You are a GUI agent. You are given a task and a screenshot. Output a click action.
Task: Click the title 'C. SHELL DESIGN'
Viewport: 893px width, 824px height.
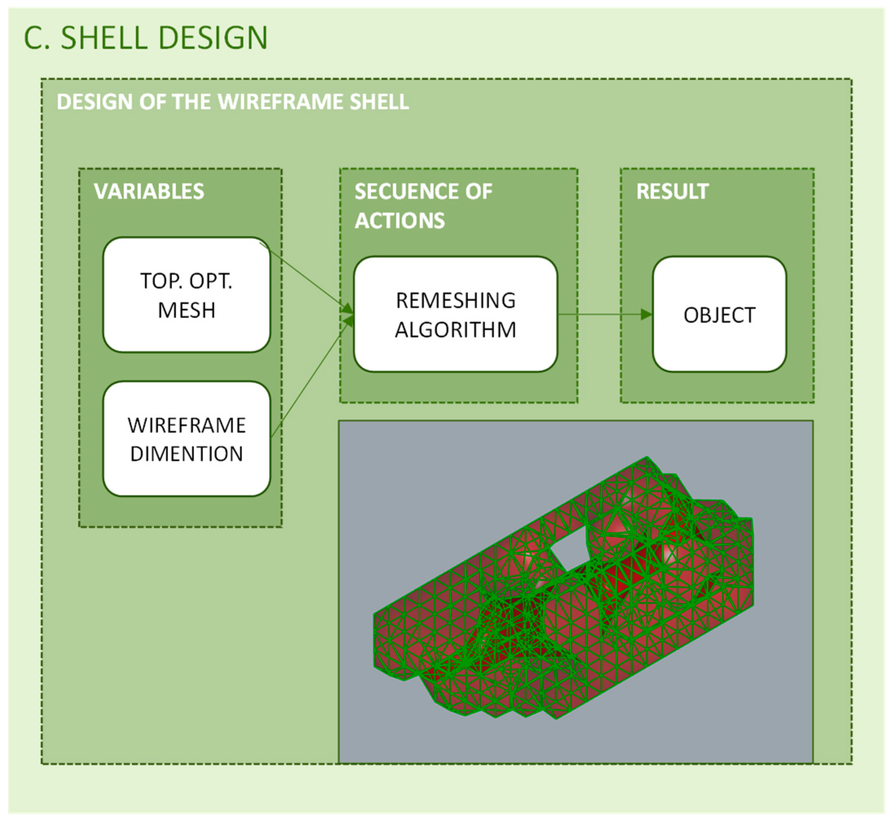point(146,38)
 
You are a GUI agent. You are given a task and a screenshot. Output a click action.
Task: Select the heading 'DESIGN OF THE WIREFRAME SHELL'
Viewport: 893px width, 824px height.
point(232,102)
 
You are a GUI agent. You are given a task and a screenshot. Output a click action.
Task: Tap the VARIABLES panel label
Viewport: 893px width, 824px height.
point(149,192)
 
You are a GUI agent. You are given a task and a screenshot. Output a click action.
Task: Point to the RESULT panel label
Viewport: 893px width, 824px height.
point(672,192)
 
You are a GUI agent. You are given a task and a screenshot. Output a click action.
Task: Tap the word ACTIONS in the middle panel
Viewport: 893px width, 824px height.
point(400,221)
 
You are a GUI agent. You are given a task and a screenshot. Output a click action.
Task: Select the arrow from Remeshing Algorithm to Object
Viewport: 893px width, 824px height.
point(604,314)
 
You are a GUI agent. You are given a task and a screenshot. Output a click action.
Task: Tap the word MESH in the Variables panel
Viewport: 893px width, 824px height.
point(186,310)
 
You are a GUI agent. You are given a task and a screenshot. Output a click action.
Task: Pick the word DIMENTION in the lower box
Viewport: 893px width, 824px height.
point(186,454)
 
